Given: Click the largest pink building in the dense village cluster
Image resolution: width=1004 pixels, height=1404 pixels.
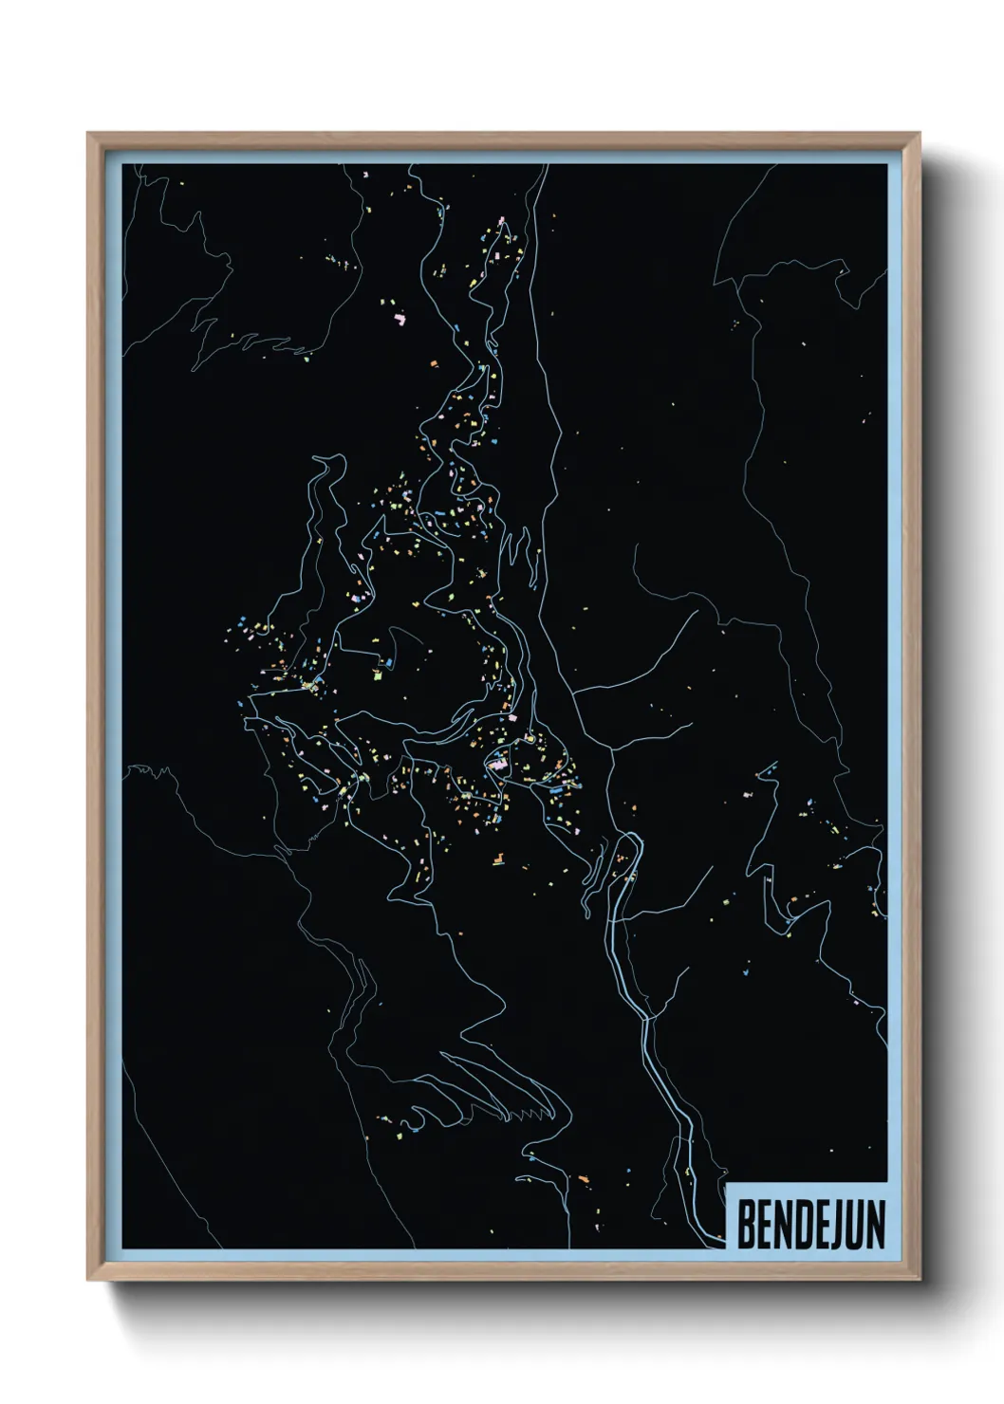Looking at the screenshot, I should pyautogui.click(x=497, y=761).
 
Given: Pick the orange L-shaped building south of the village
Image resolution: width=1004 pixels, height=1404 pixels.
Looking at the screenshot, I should pyautogui.click(x=494, y=860).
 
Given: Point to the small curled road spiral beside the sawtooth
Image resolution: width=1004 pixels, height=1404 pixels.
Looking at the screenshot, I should pyautogui.click(x=414, y=1112).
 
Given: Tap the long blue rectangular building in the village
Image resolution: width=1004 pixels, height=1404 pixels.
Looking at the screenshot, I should pyautogui.click(x=551, y=786).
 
